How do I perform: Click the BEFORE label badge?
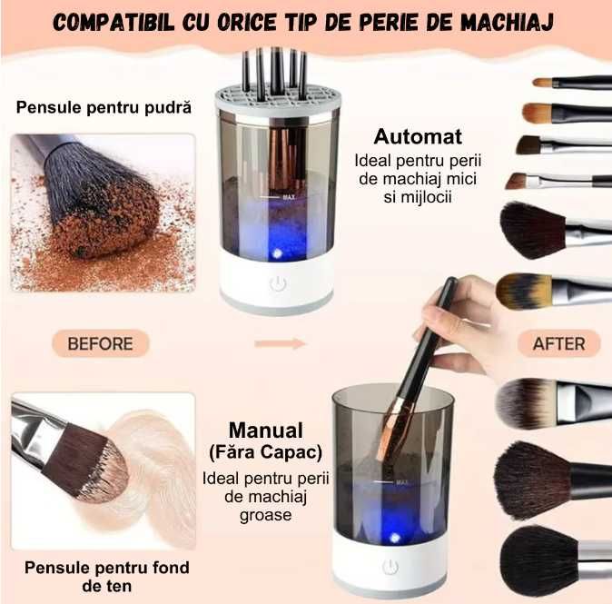pos(100,343)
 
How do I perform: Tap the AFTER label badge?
pos(558,343)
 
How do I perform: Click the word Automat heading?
pos(419,137)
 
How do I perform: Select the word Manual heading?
pos(265,430)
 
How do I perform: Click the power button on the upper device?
pos(277,284)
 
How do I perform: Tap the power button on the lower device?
pos(391,569)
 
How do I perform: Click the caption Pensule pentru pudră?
pos(104,107)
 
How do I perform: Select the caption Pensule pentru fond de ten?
pos(107,576)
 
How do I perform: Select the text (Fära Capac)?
pos(265,451)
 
